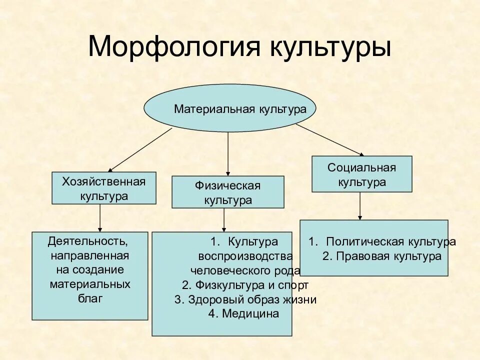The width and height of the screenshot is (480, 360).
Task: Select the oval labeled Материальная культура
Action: (x=230, y=108)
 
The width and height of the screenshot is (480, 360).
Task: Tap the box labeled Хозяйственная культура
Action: (x=104, y=188)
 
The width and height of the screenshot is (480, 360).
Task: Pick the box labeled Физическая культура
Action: (x=228, y=192)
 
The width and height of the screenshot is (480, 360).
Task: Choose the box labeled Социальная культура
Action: (x=362, y=174)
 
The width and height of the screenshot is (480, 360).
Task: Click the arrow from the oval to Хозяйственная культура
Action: (x=140, y=149)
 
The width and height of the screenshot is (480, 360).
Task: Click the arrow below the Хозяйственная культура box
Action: (x=100, y=217)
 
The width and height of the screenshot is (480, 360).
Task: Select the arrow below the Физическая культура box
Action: (x=224, y=219)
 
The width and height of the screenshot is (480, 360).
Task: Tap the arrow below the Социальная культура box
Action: (x=360, y=205)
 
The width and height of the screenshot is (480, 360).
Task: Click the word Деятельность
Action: (x=87, y=242)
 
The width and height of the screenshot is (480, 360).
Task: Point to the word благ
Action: (x=90, y=299)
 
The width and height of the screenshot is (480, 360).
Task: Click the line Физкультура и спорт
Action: (x=245, y=285)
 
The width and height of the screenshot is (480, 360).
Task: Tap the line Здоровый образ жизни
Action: (x=245, y=299)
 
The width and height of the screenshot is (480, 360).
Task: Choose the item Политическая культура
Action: (x=390, y=242)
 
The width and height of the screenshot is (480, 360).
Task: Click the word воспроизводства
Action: (x=245, y=256)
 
